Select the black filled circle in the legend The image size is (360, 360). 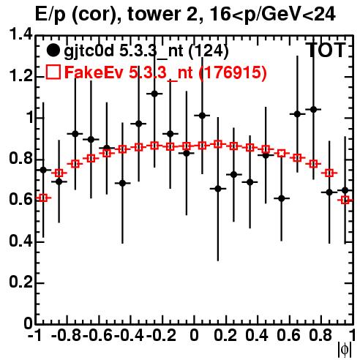pyautogui.click(x=53, y=50)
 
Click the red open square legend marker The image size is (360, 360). pyautogui.click(x=53, y=72)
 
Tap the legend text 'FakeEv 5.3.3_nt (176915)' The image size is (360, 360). pyautogui.click(x=165, y=72)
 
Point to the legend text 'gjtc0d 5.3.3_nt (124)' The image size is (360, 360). pyautogui.click(x=146, y=51)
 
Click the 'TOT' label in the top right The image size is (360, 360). pyautogui.click(x=327, y=50)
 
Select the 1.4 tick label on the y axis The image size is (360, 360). pyautogui.click(x=20, y=34)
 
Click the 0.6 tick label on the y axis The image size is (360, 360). pyautogui.click(x=20, y=200)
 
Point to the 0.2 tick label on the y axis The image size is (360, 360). pyautogui.click(x=20, y=282)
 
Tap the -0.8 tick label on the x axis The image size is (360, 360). pyautogui.click(x=67, y=335)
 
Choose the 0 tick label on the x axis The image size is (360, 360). pyautogui.click(x=194, y=335)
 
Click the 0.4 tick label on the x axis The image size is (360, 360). pyautogui.click(x=257, y=335)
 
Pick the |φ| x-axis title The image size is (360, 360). pyautogui.click(x=345, y=350)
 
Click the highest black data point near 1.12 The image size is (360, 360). pyautogui.click(x=154, y=94)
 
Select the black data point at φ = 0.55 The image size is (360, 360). pyautogui.click(x=282, y=198)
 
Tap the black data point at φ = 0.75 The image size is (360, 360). pyautogui.click(x=313, y=110)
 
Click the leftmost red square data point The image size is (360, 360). pyautogui.click(x=43, y=198)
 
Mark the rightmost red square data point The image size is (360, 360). pyautogui.click(x=345, y=200)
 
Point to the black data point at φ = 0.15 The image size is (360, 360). pyautogui.click(x=218, y=189)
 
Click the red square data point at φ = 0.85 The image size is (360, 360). pyautogui.click(x=329, y=173)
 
